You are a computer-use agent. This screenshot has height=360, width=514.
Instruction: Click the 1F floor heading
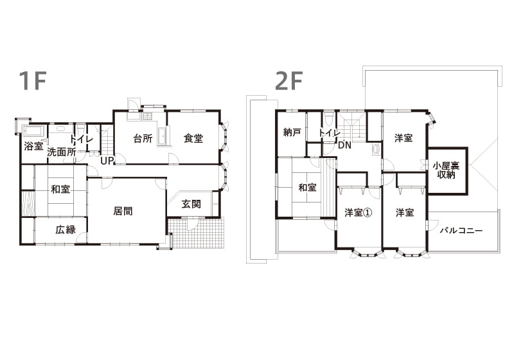point(32,80)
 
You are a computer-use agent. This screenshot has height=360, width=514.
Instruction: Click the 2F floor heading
point(288,80)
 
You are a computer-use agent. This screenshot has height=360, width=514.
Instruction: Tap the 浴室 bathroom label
point(34,146)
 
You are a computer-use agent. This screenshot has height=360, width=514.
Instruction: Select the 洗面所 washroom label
point(62,152)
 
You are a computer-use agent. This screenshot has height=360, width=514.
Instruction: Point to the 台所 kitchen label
point(143,138)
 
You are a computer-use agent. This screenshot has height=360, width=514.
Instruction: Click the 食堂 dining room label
point(193,138)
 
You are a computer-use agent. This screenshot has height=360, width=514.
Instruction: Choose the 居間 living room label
point(123,211)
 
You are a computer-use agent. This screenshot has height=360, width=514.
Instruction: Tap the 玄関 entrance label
point(191,204)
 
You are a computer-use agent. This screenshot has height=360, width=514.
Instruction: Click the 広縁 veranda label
point(66,230)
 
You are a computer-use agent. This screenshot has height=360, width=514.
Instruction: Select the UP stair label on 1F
point(107,161)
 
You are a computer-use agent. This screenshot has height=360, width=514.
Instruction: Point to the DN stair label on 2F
point(344,145)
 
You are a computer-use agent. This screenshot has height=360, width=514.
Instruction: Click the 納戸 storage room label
point(292,132)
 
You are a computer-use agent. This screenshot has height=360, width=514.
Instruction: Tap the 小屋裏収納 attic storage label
point(446,170)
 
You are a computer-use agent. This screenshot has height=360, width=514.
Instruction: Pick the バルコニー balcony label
point(461,231)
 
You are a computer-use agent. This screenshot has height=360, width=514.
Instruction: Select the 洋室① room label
point(359,213)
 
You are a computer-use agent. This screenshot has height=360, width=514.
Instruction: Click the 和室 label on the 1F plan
point(60,189)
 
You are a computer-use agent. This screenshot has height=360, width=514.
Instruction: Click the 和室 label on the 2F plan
point(307,188)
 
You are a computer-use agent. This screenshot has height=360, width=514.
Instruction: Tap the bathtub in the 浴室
point(34,132)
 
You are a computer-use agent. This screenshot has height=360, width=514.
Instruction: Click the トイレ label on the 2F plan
point(330,133)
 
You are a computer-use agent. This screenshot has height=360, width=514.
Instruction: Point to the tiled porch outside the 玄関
point(197,233)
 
